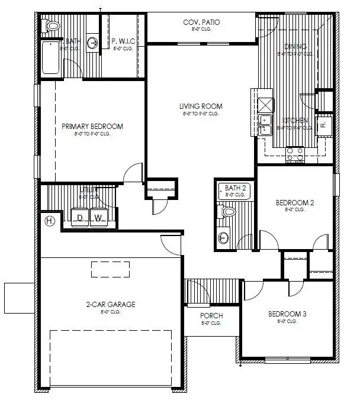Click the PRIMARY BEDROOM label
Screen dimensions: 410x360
click(92, 126)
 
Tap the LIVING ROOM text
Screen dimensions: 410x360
click(201, 106)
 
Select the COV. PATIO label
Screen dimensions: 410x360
click(201, 22)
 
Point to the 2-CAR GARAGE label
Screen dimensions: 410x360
click(111, 304)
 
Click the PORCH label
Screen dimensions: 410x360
click(211, 315)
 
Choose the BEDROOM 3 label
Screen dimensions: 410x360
click(287, 314)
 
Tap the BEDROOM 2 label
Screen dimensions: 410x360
click(295, 202)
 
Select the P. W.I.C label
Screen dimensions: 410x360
click(124, 41)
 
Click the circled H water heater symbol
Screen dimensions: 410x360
click(50, 221)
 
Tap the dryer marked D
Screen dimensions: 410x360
click(80, 218)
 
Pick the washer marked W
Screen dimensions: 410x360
click(99, 218)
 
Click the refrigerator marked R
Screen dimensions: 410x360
click(324, 125)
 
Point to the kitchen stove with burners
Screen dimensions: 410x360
click(294, 154)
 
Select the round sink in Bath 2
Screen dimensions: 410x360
click(223, 238)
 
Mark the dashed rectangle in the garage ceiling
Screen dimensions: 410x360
click(110, 269)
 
